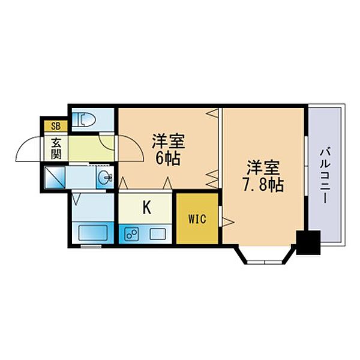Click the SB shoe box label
(55, 126)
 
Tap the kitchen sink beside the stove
(158, 233)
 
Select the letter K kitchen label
(146, 208)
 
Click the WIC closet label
(197, 218)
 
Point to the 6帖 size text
(167, 159)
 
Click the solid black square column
(309, 244)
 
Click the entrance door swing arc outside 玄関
(29, 150)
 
